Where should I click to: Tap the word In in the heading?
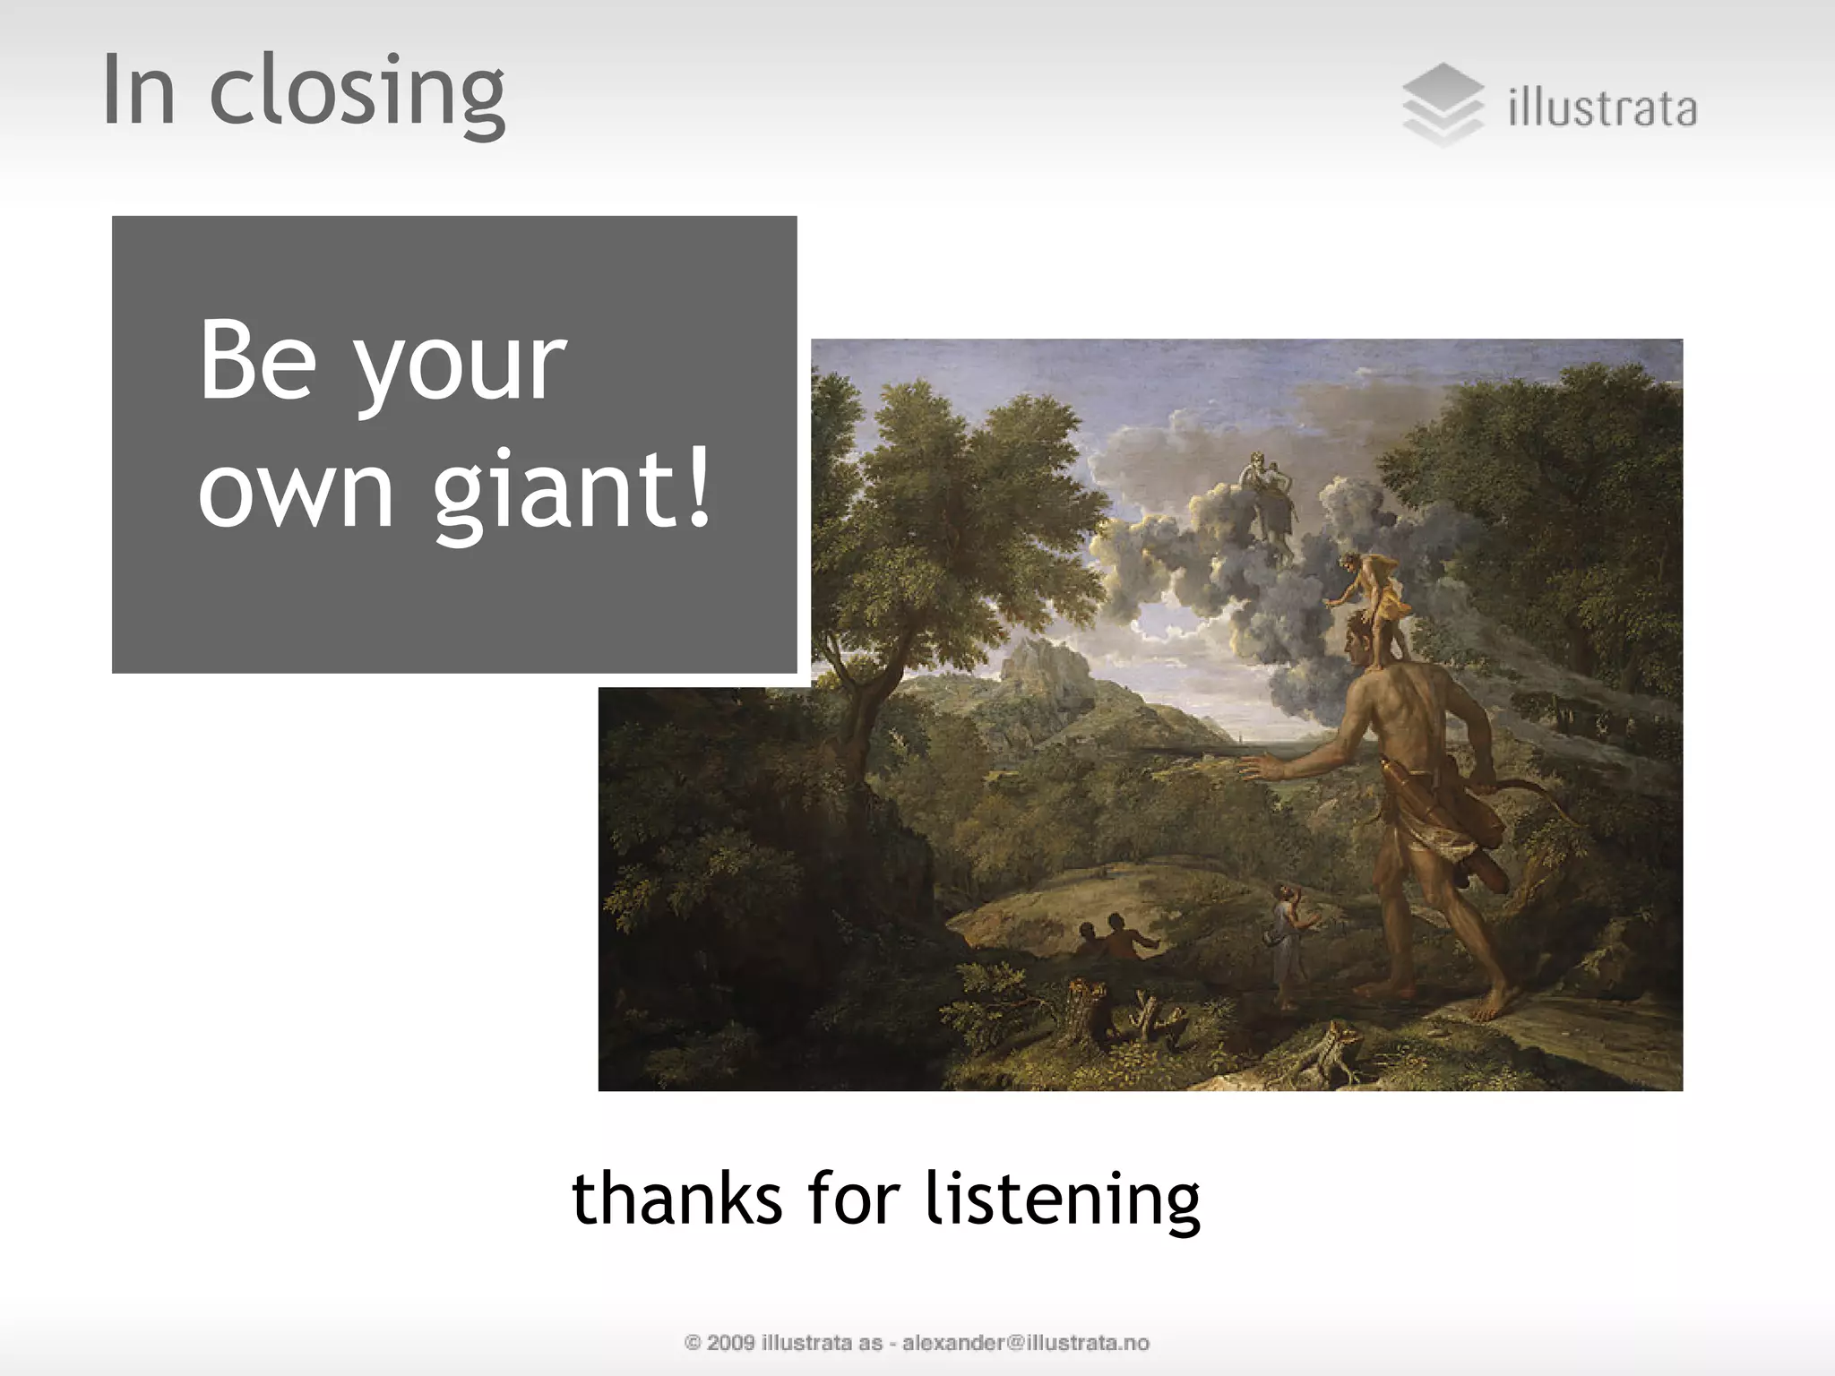pyautogui.click(x=138, y=91)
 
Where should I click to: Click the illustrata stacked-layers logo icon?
pyautogui.click(x=1443, y=104)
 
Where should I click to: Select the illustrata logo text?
pyautogui.click(x=1602, y=109)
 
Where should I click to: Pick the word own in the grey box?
pyautogui.click(x=296, y=491)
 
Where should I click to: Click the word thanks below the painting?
pyautogui.click(x=676, y=1199)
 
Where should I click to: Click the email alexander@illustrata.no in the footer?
pyautogui.click(x=1025, y=1342)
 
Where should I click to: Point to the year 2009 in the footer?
pyautogui.click(x=730, y=1342)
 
